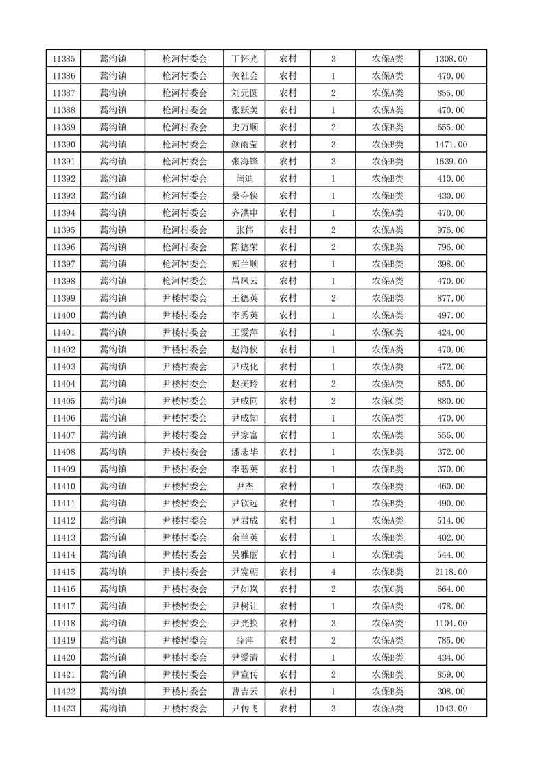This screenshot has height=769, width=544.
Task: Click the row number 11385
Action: pos(64,59)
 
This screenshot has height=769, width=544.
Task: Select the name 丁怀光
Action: pos(245,59)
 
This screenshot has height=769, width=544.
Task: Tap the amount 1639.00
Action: pos(451,162)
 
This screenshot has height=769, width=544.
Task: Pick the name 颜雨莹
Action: pos(245,145)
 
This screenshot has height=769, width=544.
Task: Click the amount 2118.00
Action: pos(451,572)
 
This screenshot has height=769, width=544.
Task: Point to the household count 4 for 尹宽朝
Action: pos(333,572)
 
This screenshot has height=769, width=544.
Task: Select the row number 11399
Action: pos(64,298)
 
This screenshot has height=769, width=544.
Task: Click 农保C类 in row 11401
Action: pos(388,332)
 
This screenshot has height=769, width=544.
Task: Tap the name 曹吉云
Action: pos(245,692)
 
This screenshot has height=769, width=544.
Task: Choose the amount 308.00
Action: pos(451,692)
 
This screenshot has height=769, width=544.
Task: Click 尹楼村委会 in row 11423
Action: pos(185,709)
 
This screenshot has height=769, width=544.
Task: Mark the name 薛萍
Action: pos(245,640)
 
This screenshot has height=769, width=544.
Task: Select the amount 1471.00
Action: pos(451,145)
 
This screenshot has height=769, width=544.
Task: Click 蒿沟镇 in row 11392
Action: pos(113,179)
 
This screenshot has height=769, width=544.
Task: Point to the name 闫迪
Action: pos(245,179)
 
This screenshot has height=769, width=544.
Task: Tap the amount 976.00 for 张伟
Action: pos(451,230)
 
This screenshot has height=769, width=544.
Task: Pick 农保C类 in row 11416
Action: pos(388,589)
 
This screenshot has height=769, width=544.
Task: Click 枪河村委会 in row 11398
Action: pos(185,281)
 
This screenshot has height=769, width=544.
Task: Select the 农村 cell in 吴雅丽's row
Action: pos(287,554)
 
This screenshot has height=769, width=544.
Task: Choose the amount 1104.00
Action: pos(451,623)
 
